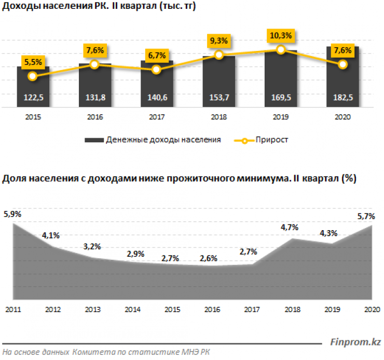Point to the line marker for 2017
(157, 69)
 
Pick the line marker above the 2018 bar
(219, 55)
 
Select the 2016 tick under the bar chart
(94, 117)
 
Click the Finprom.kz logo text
(356, 342)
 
